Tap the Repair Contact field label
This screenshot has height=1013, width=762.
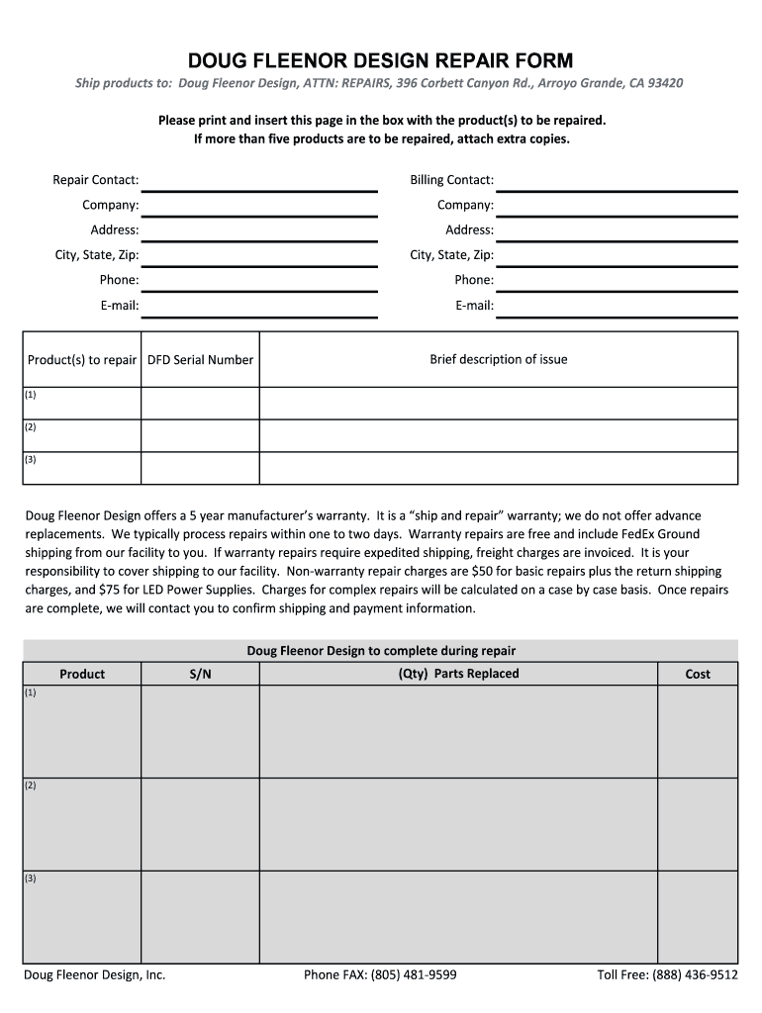point(96,180)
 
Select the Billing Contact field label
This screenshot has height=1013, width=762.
point(451,180)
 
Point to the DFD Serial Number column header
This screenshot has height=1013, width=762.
point(200,360)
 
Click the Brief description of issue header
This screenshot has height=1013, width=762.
point(498,359)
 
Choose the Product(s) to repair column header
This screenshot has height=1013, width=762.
point(82,360)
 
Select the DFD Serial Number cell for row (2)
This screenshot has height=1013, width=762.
point(200,435)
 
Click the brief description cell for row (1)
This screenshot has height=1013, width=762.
point(498,403)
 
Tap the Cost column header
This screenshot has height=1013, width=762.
point(698,675)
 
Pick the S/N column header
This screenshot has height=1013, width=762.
point(200,675)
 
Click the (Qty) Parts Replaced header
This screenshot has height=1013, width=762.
point(458,674)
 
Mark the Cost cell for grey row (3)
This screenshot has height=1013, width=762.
point(698,916)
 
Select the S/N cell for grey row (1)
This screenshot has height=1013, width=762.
point(200,731)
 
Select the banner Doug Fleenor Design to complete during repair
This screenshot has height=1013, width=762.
point(381,651)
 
